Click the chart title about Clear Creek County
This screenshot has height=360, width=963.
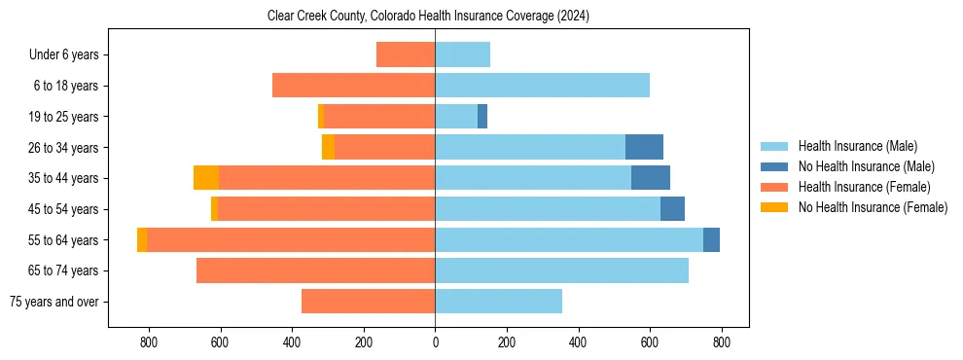(428, 17)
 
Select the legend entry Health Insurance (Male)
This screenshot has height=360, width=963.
(857, 146)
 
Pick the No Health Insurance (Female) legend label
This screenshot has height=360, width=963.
(873, 207)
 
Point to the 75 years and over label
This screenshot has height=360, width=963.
(53, 302)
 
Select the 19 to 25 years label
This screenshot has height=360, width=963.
(64, 117)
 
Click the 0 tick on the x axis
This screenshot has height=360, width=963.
(435, 342)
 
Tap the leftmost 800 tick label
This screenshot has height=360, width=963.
(149, 342)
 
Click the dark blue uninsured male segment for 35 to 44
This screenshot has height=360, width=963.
(651, 178)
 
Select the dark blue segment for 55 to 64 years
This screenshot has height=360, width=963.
(711, 239)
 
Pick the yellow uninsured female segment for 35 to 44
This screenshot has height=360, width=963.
(206, 178)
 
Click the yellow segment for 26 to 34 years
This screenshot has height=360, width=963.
(328, 147)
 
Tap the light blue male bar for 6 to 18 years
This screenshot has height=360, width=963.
(542, 86)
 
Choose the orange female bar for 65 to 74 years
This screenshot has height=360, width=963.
(315, 270)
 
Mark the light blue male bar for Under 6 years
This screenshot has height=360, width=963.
(462, 55)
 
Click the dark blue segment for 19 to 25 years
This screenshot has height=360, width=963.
(482, 117)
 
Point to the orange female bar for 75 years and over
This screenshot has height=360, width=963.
(368, 302)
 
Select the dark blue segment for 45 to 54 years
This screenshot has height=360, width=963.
(672, 209)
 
